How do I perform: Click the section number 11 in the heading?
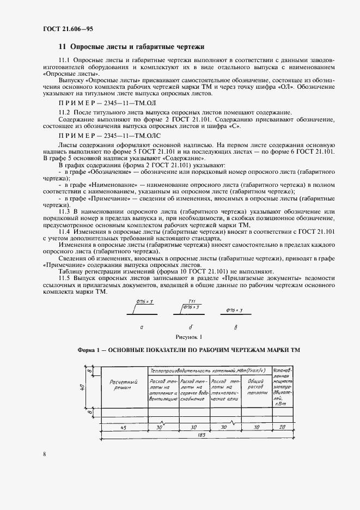[x=62, y=47]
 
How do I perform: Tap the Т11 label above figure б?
[x=191, y=301]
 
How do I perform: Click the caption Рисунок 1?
[x=188, y=336]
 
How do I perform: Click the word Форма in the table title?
[x=87, y=350]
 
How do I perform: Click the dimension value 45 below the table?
[x=123, y=428]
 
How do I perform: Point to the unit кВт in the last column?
[x=283, y=404]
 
